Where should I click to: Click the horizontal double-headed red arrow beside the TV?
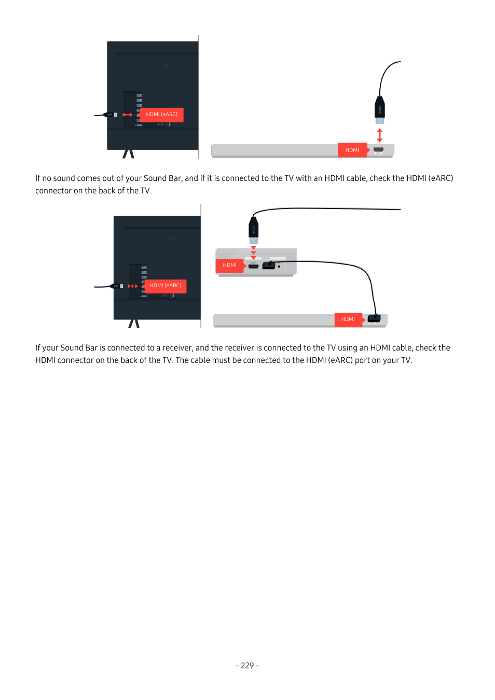[127, 115]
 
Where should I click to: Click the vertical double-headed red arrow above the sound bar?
[380, 135]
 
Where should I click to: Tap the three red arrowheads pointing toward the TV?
[133, 286]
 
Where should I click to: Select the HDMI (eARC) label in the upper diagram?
[161, 115]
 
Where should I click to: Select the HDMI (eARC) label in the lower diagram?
[165, 286]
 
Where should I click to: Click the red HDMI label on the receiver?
[229, 265]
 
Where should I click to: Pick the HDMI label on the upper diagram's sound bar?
[352, 150]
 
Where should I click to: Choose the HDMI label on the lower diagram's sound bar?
[348, 319]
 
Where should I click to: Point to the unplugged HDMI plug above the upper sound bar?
[380, 109]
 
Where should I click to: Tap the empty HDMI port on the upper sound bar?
[378, 150]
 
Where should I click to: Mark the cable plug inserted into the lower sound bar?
[374, 318]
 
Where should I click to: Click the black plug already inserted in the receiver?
[269, 265]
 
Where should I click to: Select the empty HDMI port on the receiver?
[253, 266]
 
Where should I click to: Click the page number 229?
[247, 666]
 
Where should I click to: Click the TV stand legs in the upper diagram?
[128, 153]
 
